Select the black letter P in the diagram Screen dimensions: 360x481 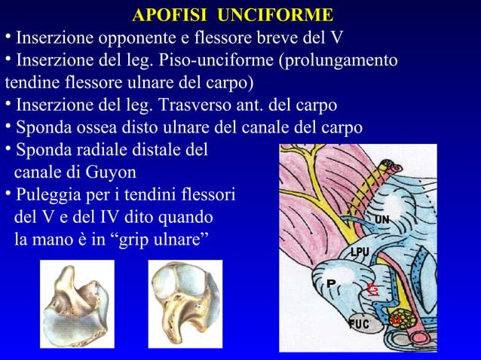tap(330, 283)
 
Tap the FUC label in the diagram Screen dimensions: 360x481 tap(360, 324)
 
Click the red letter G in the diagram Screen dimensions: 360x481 tap(371, 288)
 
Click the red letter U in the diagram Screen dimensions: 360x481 tap(395, 320)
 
